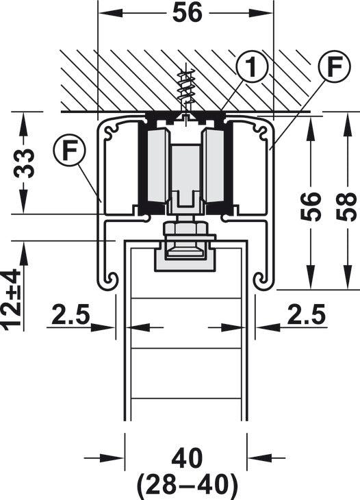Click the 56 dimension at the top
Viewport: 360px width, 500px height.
(188, 13)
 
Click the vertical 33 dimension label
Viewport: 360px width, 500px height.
(23, 163)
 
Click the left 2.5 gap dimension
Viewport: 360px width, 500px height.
(70, 314)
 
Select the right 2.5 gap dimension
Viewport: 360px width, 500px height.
(307, 314)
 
